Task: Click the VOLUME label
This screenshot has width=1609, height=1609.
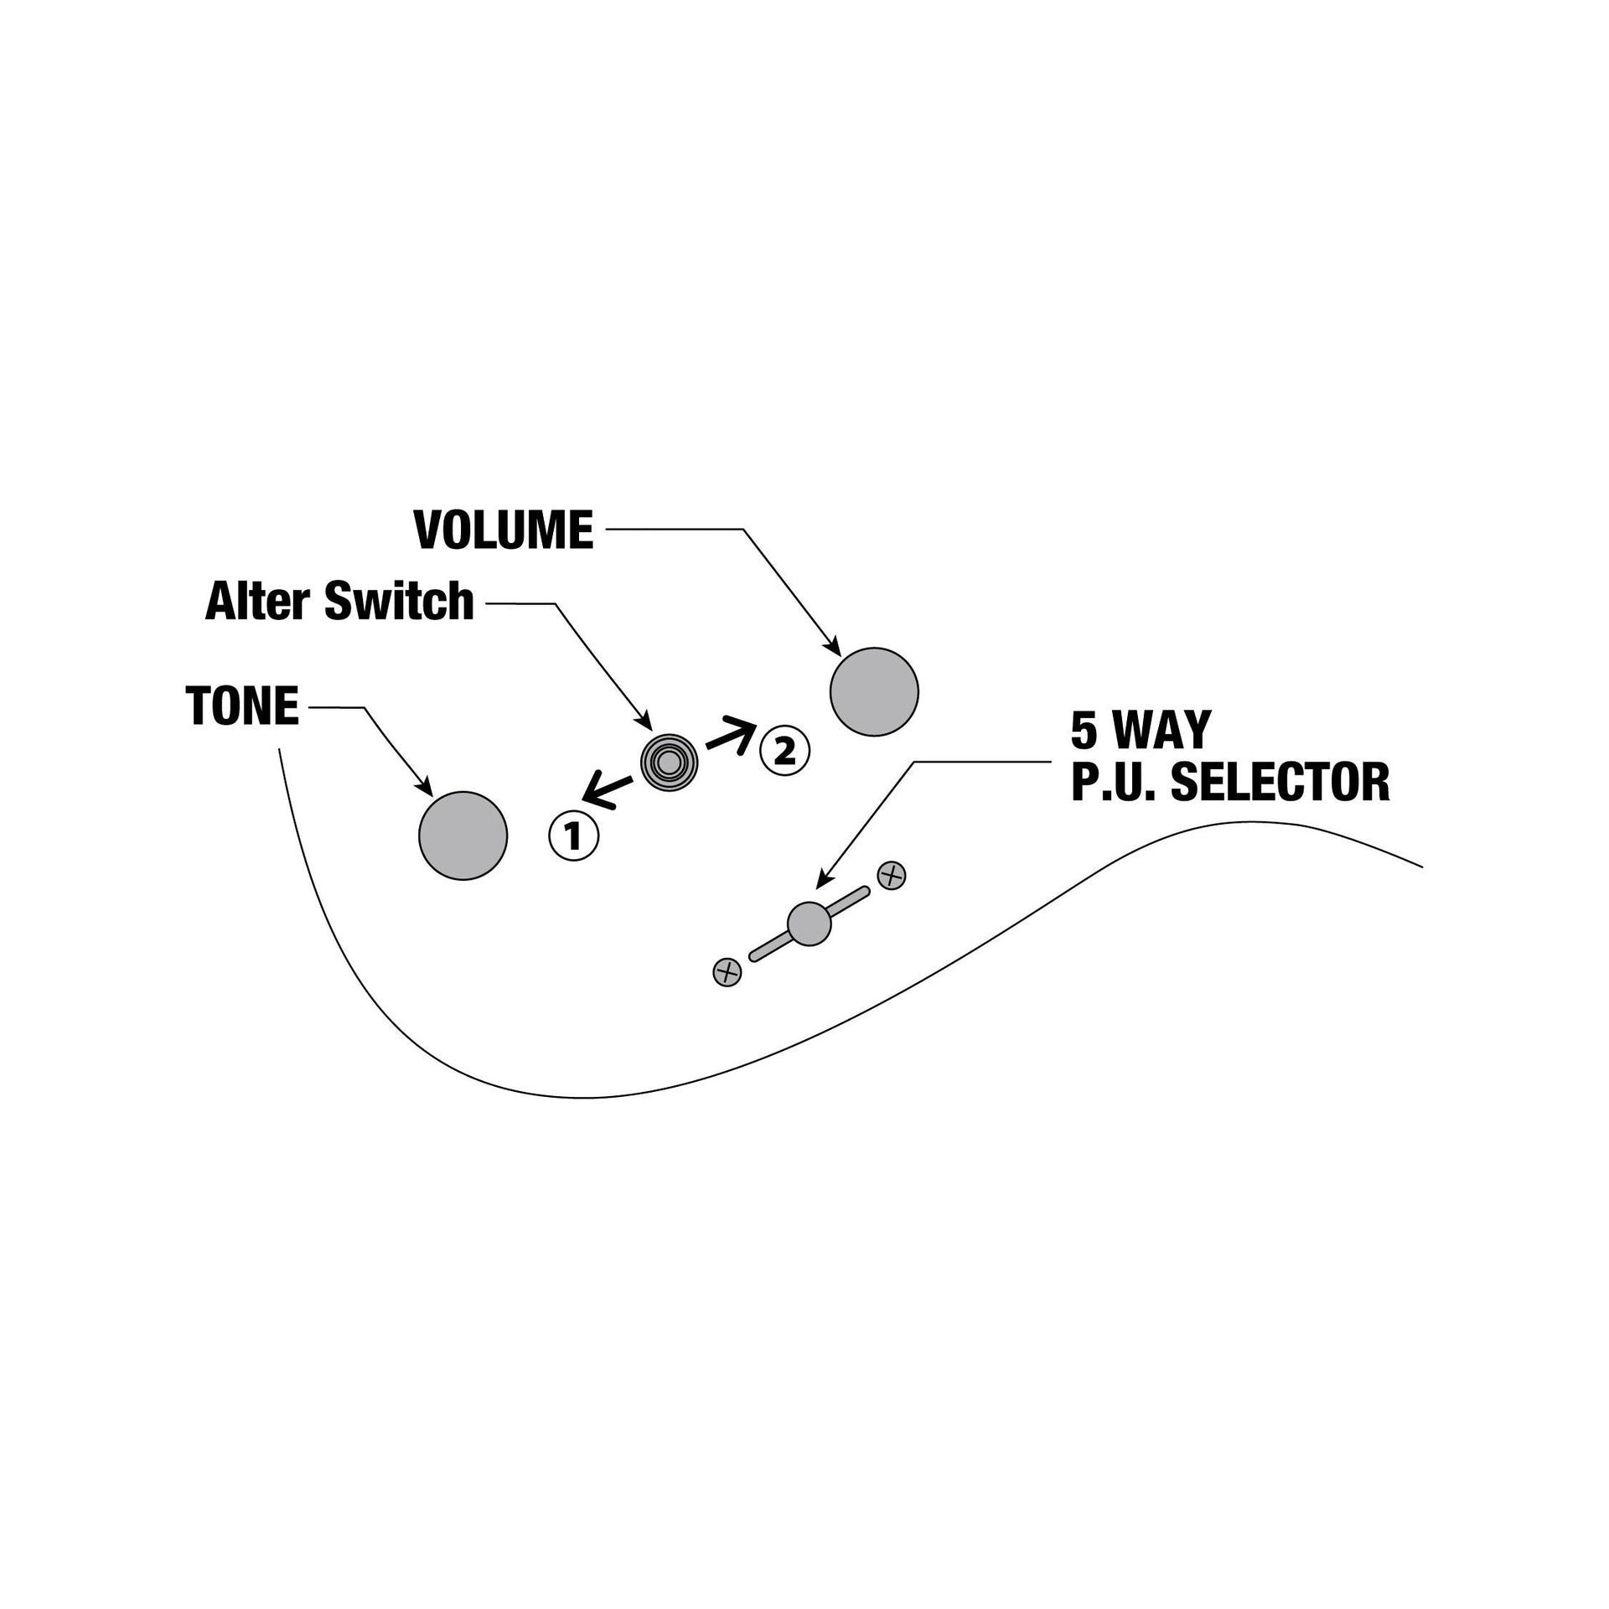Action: tap(504, 530)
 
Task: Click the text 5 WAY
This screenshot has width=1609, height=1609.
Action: tap(1141, 730)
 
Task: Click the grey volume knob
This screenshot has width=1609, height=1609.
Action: tap(874, 691)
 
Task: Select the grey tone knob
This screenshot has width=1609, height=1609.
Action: tap(463, 836)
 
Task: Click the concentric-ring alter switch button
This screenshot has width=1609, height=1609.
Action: tap(670, 763)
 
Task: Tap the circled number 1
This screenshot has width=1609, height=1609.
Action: tap(574, 836)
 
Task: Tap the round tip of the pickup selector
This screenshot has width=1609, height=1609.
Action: tap(810, 923)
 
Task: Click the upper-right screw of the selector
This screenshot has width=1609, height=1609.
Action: tap(892, 876)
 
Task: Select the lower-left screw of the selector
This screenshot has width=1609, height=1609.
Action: tap(727, 972)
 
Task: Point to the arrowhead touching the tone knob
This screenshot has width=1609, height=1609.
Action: tap(424, 787)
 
